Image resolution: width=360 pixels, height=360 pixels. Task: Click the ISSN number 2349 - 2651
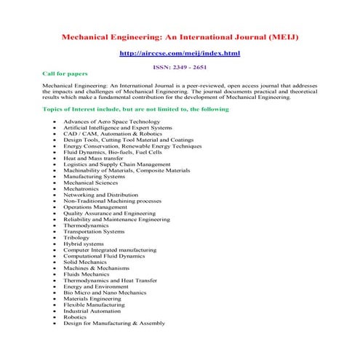(x=191, y=66)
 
